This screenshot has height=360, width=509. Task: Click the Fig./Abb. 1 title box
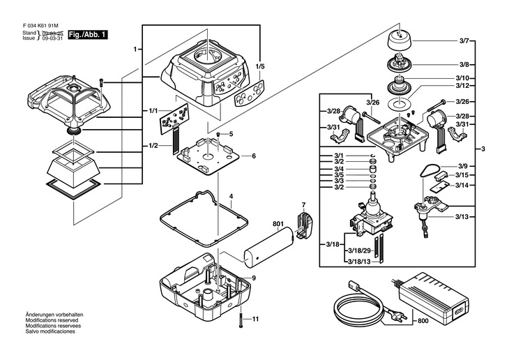88,35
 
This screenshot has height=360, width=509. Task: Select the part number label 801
278,224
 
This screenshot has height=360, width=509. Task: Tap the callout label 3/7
464,41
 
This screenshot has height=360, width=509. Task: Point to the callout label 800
423,321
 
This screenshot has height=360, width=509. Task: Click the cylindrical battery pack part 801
268,248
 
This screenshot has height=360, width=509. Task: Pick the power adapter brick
434,297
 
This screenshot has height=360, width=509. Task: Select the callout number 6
254,156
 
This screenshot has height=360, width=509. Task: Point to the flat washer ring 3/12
400,104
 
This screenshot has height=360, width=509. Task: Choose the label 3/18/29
359,251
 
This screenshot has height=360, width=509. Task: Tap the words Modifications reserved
54,320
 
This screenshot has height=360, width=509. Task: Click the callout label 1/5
260,66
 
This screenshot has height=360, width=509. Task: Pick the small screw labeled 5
219,135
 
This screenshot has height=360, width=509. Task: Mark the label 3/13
462,217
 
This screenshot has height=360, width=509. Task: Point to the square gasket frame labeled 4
204,218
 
